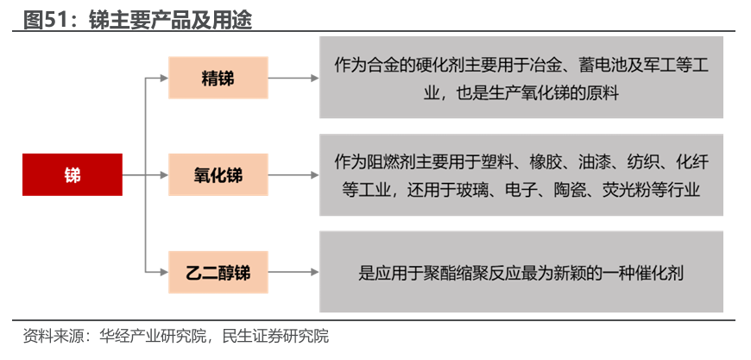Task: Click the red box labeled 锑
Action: click(x=73, y=174)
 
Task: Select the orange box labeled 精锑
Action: click(x=218, y=78)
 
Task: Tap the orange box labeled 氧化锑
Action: click(x=218, y=175)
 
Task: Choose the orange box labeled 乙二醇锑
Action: click(x=218, y=273)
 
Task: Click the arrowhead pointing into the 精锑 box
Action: click(x=164, y=78)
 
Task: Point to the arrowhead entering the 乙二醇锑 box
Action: click(x=164, y=273)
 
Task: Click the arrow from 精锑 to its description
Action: click(x=293, y=78)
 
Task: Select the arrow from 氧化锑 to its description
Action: click(x=293, y=175)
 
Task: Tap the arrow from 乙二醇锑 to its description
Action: click(x=293, y=273)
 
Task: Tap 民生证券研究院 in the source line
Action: click(x=275, y=336)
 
